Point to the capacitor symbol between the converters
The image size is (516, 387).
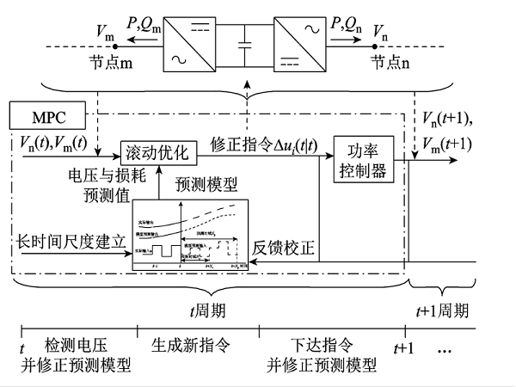click(x=248, y=40)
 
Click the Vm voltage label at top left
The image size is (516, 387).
click(x=107, y=33)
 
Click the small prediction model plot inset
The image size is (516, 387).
click(x=190, y=236)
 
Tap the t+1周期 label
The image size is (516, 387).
click(x=443, y=309)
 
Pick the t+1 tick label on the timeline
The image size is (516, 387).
click(x=403, y=350)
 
